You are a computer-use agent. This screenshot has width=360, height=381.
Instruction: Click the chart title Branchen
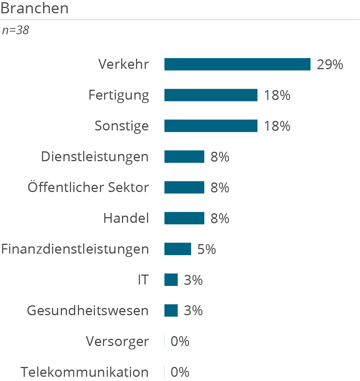(35, 8)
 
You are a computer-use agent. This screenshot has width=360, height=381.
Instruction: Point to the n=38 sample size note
(16, 30)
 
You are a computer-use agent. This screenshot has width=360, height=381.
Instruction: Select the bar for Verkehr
(237, 64)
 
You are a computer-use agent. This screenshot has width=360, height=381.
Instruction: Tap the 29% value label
(330, 65)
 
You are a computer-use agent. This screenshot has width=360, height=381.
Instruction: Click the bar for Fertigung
(211, 95)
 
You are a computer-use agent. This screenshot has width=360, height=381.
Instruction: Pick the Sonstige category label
(122, 126)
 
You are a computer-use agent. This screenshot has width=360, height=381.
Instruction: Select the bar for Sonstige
(211, 126)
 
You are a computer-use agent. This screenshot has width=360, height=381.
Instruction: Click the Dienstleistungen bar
(184, 157)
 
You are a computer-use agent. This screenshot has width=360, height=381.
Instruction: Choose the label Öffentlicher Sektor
(88, 187)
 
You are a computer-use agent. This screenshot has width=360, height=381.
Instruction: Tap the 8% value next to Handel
(220, 218)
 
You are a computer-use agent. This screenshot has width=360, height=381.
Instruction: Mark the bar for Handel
(184, 218)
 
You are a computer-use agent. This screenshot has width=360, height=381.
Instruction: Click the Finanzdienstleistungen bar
(178, 249)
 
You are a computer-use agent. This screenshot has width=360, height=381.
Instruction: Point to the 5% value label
(207, 249)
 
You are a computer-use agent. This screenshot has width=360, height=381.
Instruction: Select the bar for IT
(171, 280)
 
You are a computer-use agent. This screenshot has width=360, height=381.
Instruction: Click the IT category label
(144, 280)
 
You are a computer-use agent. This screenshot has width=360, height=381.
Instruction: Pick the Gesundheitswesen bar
(171, 311)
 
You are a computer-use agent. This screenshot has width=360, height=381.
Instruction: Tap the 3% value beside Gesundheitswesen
(193, 311)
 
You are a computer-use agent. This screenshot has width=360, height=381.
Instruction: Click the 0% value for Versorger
(180, 341)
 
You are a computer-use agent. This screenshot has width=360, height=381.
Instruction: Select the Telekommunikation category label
(85, 372)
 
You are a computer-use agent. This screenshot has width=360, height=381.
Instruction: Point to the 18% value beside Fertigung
(277, 95)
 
